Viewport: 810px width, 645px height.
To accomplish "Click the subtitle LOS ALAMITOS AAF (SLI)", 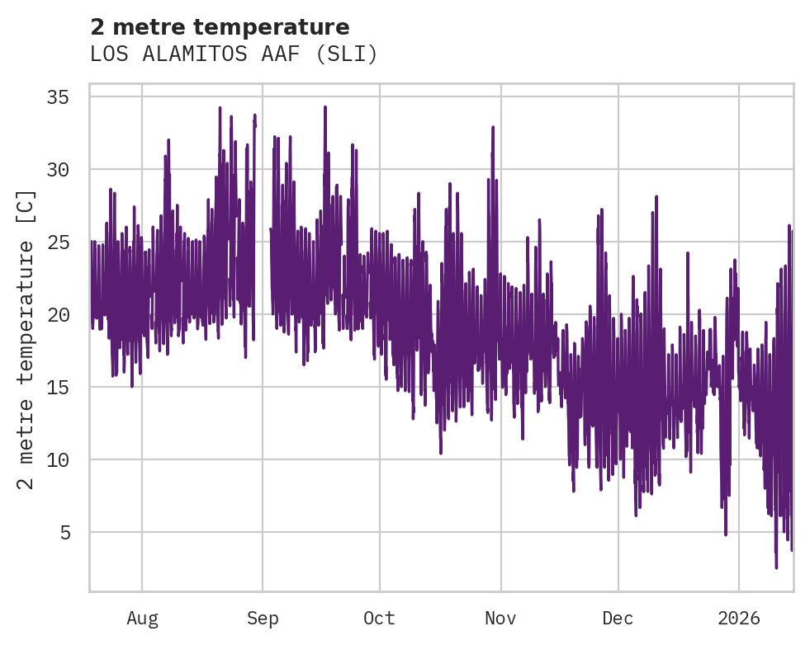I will (234, 54).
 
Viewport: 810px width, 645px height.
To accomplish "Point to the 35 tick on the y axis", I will (56, 97).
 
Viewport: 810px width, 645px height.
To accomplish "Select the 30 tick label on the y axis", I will (56, 170).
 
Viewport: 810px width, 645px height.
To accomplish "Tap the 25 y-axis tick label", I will (56, 242).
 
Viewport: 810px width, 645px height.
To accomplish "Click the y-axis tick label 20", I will (56, 315).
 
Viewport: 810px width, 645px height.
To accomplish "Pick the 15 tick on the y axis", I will (56, 388).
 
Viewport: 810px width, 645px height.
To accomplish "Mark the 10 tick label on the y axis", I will (56, 460).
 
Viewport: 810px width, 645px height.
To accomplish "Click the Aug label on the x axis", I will (142, 619).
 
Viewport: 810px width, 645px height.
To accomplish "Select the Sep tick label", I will (263, 619).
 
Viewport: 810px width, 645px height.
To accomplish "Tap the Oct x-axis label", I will (380, 619).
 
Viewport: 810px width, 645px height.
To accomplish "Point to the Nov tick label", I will (500, 619).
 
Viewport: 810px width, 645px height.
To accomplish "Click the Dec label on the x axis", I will (618, 619).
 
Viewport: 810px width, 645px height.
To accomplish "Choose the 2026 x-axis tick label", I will (738, 619).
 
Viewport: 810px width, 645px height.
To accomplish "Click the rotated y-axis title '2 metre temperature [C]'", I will (26, 339).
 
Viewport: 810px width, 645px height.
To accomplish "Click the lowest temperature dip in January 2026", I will (776, 567).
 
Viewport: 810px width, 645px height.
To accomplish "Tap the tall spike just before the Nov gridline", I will (493, 127).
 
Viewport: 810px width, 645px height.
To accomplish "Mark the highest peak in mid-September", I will (325, 107).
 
